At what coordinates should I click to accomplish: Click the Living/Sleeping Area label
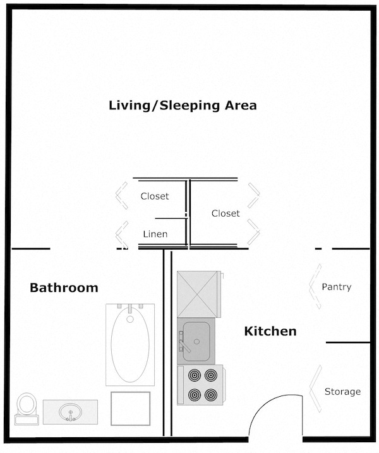click(x=183, y=105)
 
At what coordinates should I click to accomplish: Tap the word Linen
click(x=155, y=234)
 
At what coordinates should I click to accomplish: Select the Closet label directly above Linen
click(x=155, y=196)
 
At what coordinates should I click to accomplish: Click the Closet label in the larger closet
click(x=226, y=213)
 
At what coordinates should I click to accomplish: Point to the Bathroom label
click(x=64, y=288)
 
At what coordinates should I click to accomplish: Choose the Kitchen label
click(x=270, y=331)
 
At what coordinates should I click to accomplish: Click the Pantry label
click(x=336, y=287)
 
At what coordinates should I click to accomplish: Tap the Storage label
click(x=342, y=392)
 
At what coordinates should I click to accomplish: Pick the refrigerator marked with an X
click(x=198, y=294)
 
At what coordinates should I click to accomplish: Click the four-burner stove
click(x=201, y=385)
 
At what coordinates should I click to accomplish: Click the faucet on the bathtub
click(x=129, y=310)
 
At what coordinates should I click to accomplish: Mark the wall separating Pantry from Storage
click(x=347, y=342)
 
